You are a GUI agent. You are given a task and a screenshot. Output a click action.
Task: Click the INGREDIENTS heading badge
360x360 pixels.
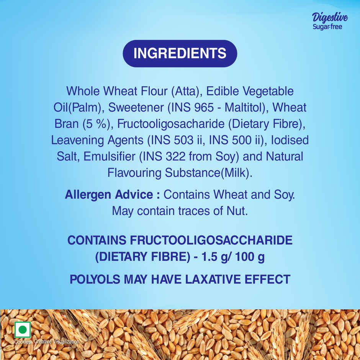click(180, 53)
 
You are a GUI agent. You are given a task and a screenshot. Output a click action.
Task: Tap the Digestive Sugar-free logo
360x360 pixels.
click(330, 21)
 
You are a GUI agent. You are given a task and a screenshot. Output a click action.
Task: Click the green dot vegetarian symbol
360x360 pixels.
click(23, 330)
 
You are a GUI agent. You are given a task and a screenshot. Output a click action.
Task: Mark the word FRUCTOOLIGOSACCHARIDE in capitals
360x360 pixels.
click(211, 241)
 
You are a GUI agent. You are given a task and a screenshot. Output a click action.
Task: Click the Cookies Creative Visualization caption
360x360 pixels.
click(47, 342)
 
